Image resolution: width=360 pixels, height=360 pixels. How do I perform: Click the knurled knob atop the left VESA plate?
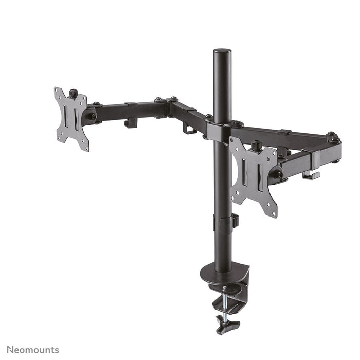point(74,93)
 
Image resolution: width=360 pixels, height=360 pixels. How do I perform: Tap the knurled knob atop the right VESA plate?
point(256,146)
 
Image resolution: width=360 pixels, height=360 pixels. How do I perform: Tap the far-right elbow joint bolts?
point(333,137)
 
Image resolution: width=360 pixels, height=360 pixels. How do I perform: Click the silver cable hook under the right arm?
point(311,175)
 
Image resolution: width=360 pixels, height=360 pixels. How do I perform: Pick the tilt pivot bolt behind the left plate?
point(92,116)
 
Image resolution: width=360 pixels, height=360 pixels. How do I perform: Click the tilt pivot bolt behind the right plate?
point(278,174)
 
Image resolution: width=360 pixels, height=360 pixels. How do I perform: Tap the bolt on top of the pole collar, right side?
point(238,124)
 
